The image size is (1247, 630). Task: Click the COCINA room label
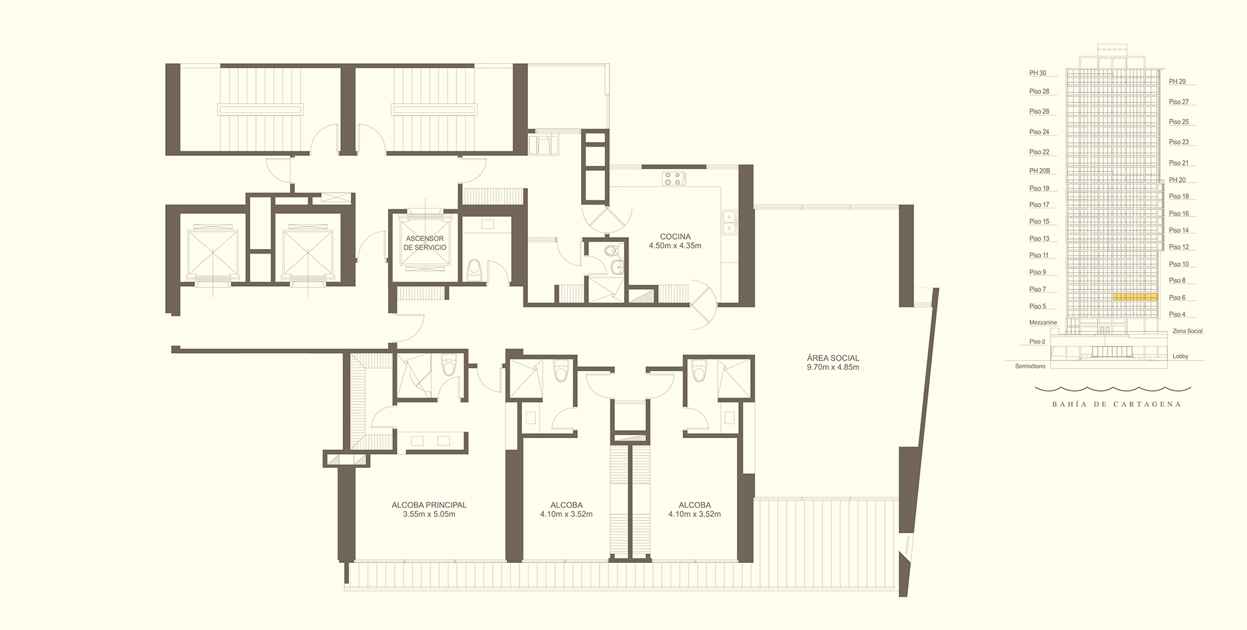pos(675,236)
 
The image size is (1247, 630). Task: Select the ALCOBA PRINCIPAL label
pos(429,505)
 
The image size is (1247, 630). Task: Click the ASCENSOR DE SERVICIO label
pos(425,243)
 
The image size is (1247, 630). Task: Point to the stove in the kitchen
pos(673,178)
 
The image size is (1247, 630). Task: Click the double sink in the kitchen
pos(729,221)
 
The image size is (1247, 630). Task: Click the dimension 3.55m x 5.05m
pos(429,514)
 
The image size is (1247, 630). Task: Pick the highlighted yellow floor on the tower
pos(1135,297)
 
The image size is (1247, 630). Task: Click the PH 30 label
pos(1037,73)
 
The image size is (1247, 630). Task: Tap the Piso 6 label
pos(1177,297)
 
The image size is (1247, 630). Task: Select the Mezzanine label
pos(1043,323)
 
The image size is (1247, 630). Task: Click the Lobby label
pos(1181,356)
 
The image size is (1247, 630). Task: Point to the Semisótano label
pos(1030,366)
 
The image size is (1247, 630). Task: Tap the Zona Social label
pos(1187,331)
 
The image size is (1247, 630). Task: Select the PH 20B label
pos(1039,171)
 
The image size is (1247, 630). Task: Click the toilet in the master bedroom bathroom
pos(450,366)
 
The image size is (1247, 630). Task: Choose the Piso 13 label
pos(1039,238)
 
